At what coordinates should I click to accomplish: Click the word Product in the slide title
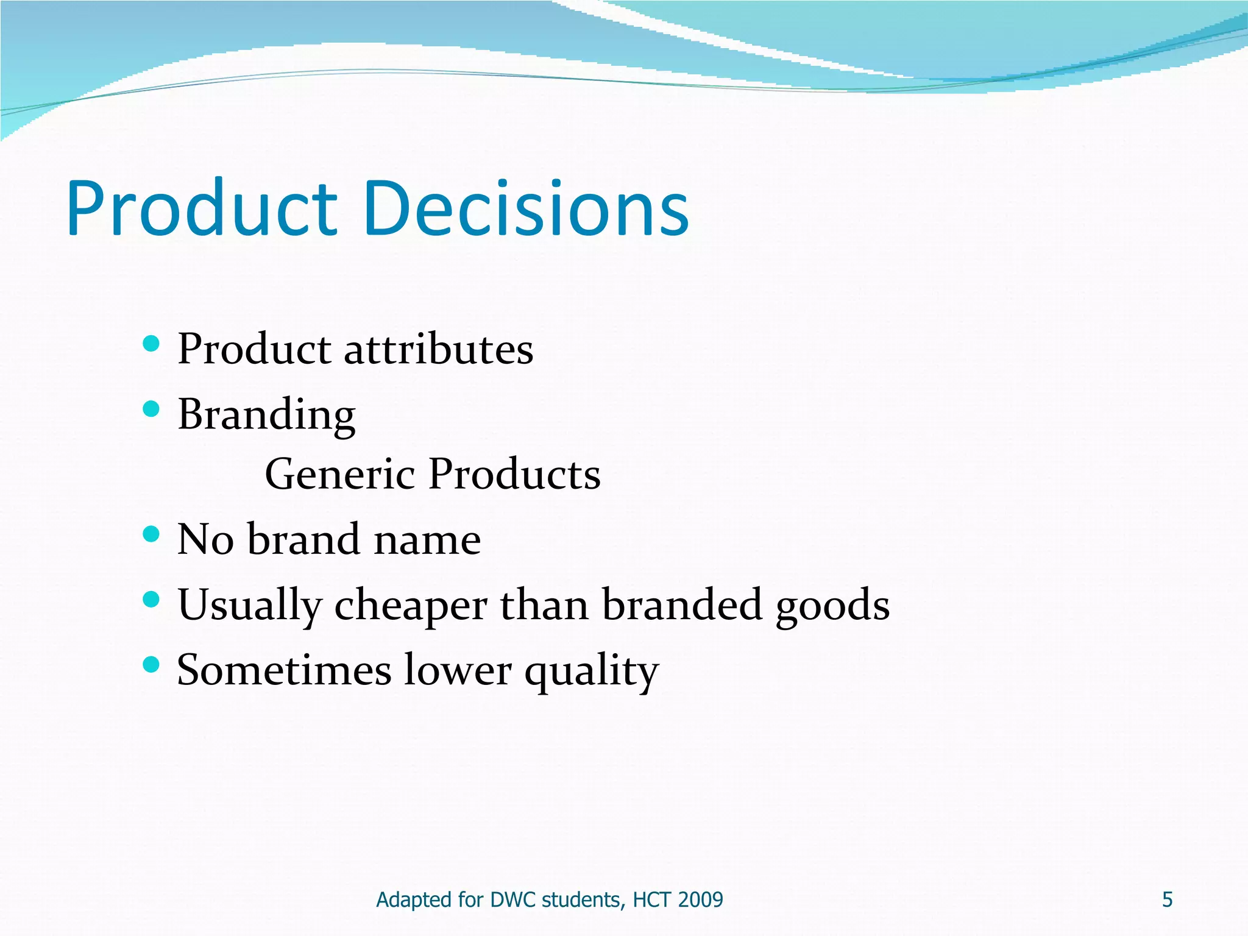[201, 208]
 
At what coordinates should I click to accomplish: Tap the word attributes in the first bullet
[438, 350]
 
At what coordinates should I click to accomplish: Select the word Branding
[266, 415]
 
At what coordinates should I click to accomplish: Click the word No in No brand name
[205, 540]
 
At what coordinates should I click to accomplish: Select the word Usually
[249, 606]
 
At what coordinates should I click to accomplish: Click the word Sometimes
[284, 670]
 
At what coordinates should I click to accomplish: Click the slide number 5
[1167, 900]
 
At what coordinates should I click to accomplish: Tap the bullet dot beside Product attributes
[151, 344]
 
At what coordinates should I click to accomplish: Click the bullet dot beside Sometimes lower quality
[151, 664]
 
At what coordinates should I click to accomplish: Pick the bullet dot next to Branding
[151, 409]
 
